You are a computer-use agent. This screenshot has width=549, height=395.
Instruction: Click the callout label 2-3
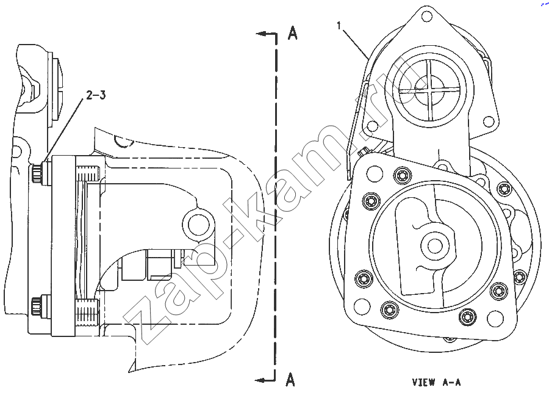tap(96, 95)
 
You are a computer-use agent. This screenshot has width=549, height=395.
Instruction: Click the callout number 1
tap(339, 26)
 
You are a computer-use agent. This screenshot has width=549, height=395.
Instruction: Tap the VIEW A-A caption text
tap(436, 382)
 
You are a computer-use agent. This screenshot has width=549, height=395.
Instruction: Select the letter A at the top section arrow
tap(292, 33)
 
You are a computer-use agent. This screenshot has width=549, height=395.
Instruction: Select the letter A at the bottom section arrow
tap(290, 379)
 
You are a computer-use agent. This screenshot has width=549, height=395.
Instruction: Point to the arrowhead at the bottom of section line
tap(259, 380)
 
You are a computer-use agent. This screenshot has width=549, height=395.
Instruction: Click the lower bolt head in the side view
tap(37, 306)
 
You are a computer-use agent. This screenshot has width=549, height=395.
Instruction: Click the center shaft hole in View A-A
tap(434, 245)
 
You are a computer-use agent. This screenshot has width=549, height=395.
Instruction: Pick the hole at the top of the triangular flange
tap(426, 16)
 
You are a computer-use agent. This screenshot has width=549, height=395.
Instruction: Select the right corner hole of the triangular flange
tap(489, 122)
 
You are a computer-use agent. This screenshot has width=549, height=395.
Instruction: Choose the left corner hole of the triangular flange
tap(372, 126)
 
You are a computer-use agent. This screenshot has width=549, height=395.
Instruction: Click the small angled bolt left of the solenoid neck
tap(363, 152)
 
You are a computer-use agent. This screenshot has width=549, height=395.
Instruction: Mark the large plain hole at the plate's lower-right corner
tap(495, 318)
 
